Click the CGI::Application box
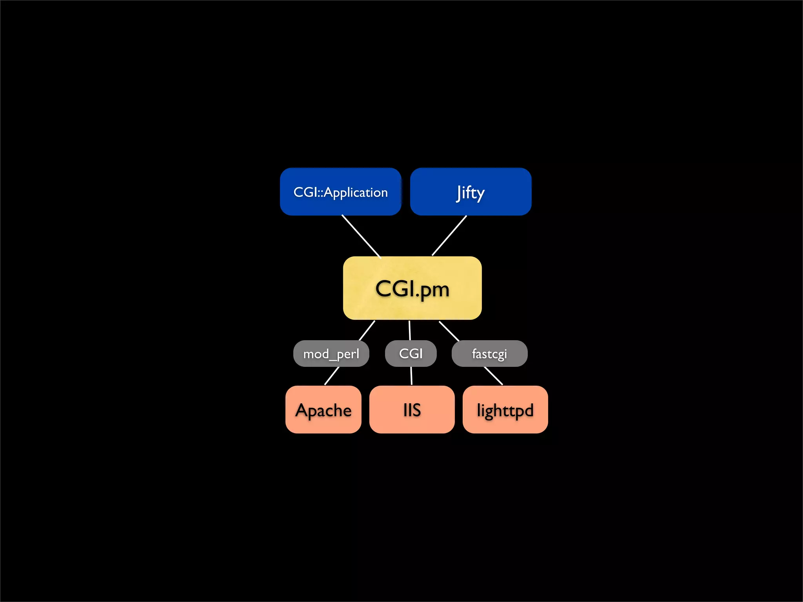[340, 192]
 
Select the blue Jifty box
[471, 192]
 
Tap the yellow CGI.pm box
[412, 288]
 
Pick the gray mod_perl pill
[331, 354]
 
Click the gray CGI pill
[411, 354]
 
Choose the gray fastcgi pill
[489, 354]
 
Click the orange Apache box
[323, 410]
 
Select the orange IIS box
[412, 410]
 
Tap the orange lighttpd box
[505, 410]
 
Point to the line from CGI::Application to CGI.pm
[361, 236]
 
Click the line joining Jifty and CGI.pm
[449, 235]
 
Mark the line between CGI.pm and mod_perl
[367, 330]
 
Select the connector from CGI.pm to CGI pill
[410, 330]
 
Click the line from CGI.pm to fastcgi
[449, 331]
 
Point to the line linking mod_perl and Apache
[332, 376]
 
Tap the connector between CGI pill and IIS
[411, 376]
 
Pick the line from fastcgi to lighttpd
[493, 376]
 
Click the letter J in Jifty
[458, 193]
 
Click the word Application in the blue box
[356, 193]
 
